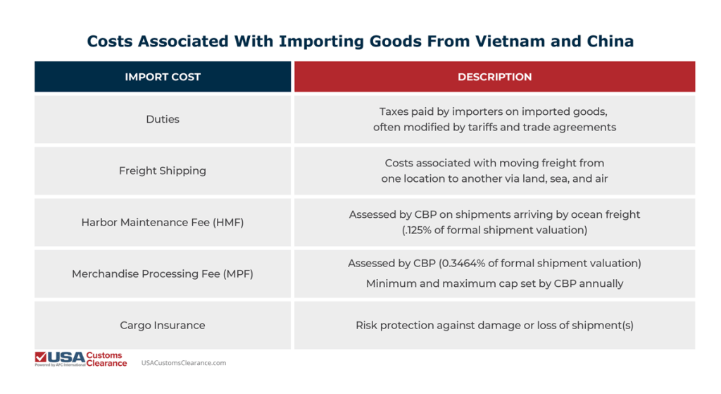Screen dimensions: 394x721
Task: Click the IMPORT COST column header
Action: click(x=163, y=77)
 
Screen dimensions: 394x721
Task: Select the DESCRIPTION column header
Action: click(x=494, y=77)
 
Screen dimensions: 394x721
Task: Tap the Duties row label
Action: click(x=163, y=119)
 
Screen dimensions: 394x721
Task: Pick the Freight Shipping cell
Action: click(x=163, y=171)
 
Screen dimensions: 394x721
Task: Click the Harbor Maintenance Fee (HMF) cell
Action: click(x=163, y=222)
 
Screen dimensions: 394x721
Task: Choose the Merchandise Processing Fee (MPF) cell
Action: click(x=163, y=273)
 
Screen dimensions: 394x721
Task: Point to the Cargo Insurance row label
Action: click(x=163, y=325)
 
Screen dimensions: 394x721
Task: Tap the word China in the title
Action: click(x=610, y=41)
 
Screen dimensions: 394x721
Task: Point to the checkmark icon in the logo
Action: click(x=41, y=358)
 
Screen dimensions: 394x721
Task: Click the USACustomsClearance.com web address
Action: click(x=184, y=363)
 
